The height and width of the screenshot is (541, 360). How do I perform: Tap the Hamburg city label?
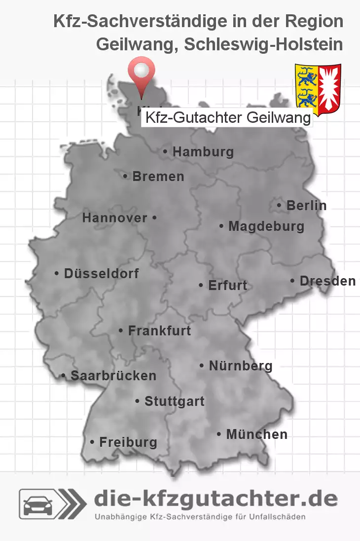[203, 152]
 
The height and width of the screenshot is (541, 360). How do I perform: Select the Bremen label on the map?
[158, 177]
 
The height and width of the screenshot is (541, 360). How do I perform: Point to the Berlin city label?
[306, 206]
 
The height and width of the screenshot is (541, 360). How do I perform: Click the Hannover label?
[115, 217]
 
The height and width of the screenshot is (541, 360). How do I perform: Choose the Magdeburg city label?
[266, 226]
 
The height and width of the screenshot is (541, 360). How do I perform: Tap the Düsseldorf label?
[101, 273]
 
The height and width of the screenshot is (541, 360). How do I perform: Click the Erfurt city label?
[227, 286]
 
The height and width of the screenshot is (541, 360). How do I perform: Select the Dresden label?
[327, 281]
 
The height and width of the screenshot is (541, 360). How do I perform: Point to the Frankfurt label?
[159, 330]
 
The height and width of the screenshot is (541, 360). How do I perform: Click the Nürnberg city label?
[240, 366]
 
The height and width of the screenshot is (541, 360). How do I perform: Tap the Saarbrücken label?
[113, 376]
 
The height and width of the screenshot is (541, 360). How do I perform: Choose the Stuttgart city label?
[174, 401]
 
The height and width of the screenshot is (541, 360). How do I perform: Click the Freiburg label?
[128, 442]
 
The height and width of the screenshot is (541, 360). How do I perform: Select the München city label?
[256, 434]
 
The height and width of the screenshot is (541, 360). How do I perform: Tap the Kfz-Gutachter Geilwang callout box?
[227, 118]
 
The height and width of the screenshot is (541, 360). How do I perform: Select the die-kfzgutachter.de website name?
[216, 499]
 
